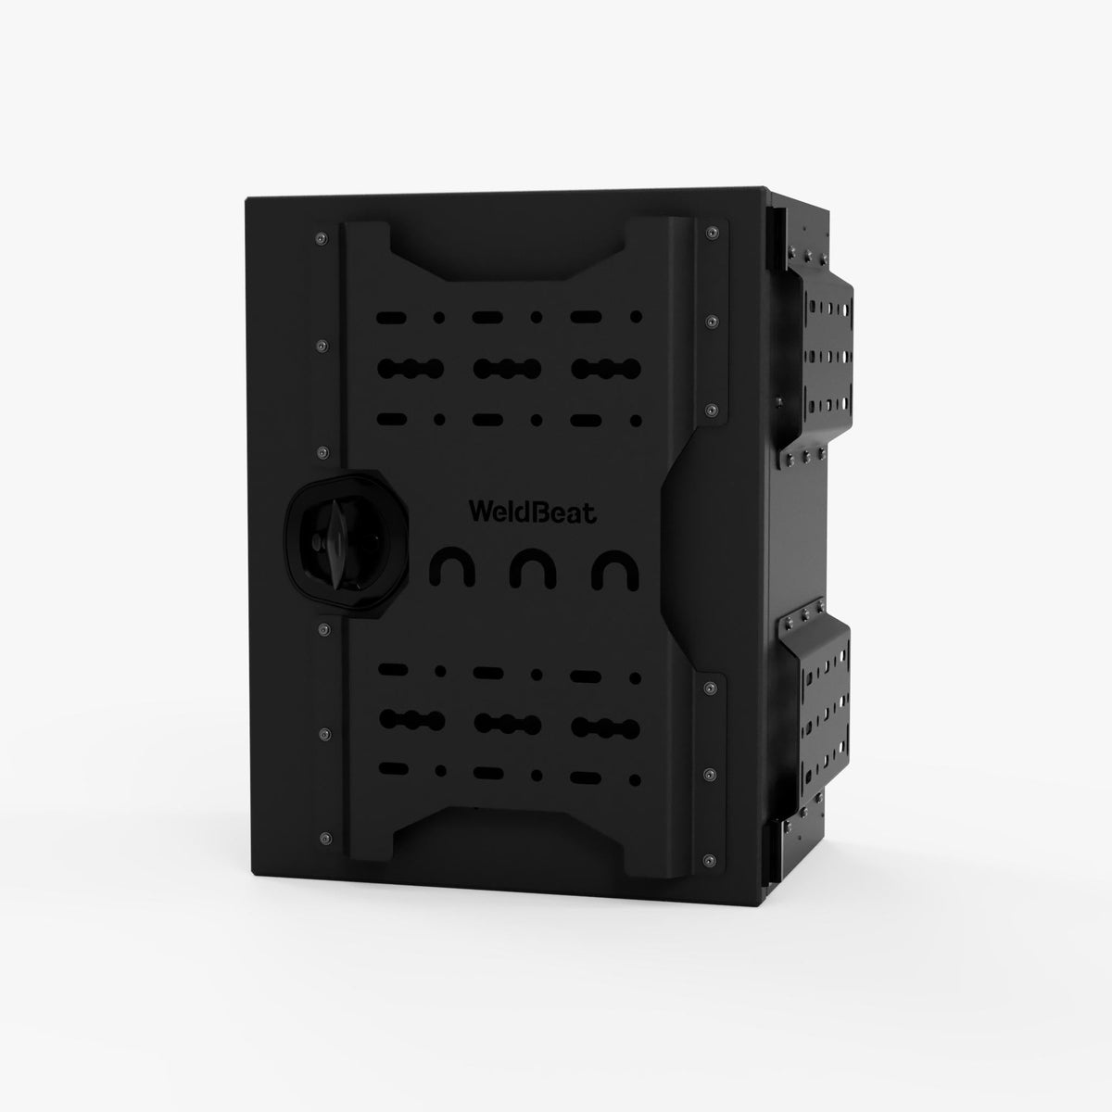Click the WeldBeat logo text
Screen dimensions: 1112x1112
(x=532, y=512)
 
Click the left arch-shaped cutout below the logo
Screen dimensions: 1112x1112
(x=452, y=569)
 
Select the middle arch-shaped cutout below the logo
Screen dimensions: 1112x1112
(x=534, y=569)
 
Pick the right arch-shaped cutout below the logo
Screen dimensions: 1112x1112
(x=615, y=569)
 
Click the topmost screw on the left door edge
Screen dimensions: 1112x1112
(x=322, y=237)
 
